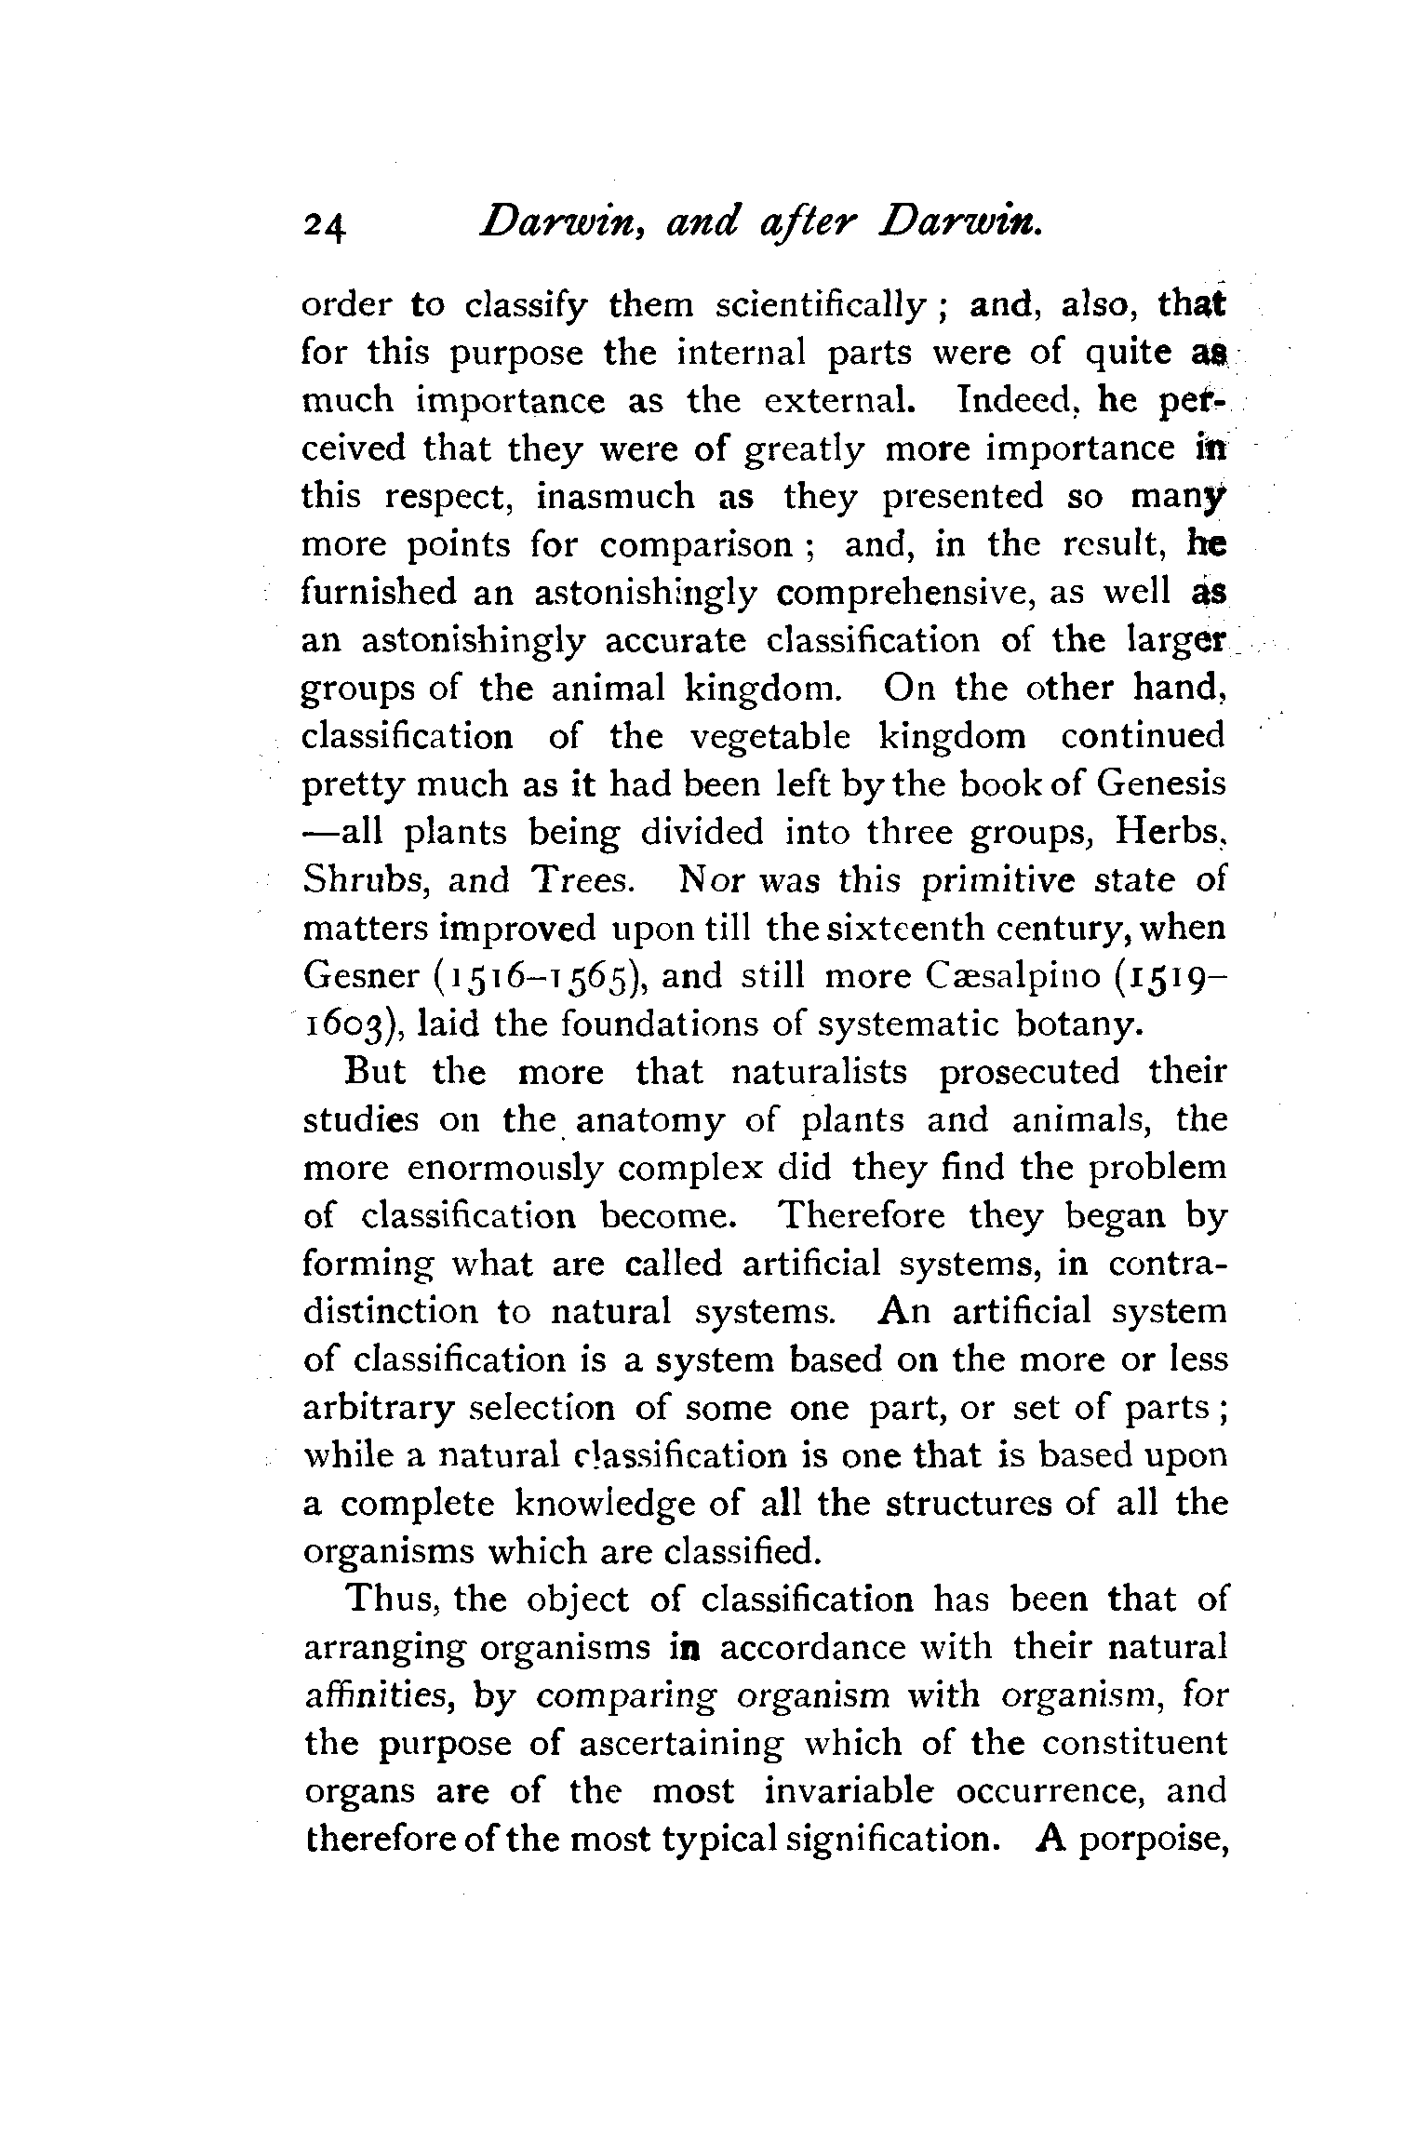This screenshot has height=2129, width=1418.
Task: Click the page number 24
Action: click(x=324, y=226)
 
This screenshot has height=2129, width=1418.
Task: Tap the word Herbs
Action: click(x=1170, y=832)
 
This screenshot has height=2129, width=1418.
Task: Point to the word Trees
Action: click(x=583, y=880)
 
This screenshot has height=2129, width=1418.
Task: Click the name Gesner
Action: click(x=361, y=976)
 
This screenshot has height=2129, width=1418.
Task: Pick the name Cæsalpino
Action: click(x=1004, y=976)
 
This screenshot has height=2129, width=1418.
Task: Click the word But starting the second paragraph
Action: click(x=375, y=1072)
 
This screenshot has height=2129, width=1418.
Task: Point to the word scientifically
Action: click(x=822, y=306)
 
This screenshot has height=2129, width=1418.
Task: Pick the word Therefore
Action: click(x=862, y=1216)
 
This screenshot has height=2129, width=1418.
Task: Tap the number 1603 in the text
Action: click(x=352, y=1024)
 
